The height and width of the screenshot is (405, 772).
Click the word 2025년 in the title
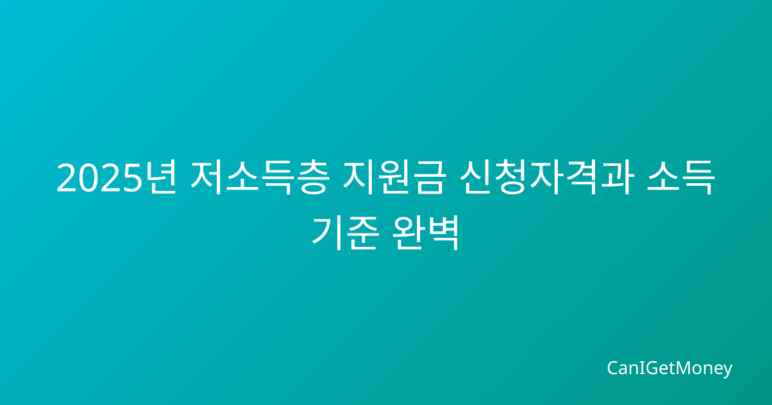[x=117, y=177]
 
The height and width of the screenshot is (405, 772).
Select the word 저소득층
[x=259, y=177]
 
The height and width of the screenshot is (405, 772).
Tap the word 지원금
[x=394, y=177]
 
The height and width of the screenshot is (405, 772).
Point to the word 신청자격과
[x=547, y=177]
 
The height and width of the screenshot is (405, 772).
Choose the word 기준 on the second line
[x=345, y=233]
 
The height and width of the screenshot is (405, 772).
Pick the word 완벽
[x=426, y=233]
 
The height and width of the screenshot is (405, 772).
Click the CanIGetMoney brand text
[x=669, y=368]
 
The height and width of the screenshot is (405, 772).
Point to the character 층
[x=310, y=177]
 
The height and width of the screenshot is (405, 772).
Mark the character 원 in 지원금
[x=394, y=177]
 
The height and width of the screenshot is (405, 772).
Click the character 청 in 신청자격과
[x=512, y=177]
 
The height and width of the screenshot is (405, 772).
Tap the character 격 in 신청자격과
[x=581, y=177]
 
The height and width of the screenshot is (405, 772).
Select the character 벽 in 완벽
[x=443, y=233]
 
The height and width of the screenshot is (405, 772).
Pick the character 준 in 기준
[x=363, y=233]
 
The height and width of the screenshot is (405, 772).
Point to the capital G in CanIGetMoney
[x=646, y=368]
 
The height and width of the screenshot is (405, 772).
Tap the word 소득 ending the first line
[x=681, y=177]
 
